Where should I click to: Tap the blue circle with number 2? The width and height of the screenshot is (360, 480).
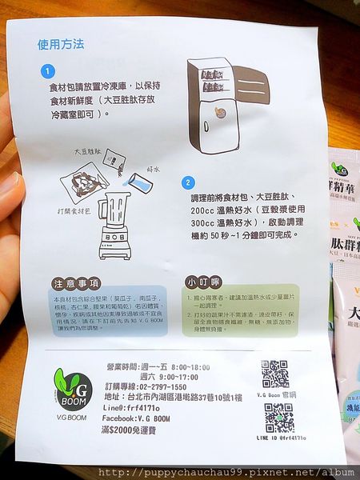pyautogui.click(x=187, y=182)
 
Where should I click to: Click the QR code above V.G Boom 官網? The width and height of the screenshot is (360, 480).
pyautogui.click(x=274, y=374)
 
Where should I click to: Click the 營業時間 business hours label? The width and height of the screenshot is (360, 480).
pyautogui.click(x=125, y=365)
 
